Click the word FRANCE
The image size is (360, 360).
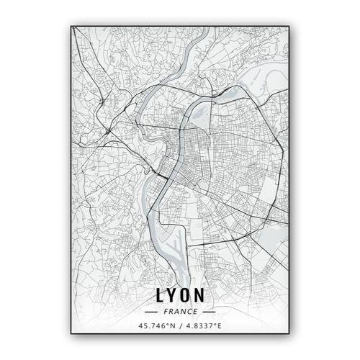[179, 312]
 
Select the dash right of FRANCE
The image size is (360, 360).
[208, 312]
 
